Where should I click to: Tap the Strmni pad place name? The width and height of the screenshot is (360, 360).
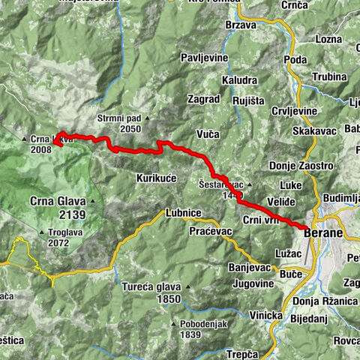(x=118, y=118)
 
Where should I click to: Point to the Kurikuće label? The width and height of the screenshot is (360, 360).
(x=156, y=178)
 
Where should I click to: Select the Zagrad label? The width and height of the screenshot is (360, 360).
(x=203, y=98)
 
